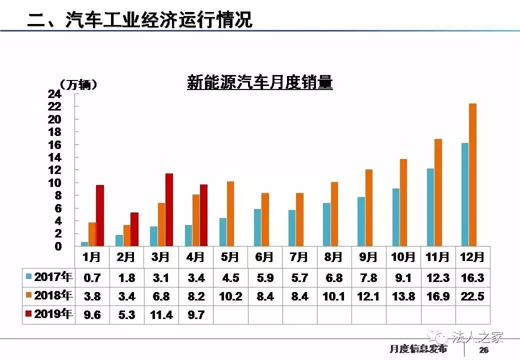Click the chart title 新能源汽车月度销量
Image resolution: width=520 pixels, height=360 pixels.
click(x=259, y=82)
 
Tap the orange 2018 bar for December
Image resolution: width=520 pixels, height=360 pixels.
click(x=472, y=174)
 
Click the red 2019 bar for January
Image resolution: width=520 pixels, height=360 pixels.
click(x=100, y=215)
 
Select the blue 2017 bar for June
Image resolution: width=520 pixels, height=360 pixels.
click(x=257, y=227)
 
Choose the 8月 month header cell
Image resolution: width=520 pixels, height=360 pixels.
click(x=333, y=257)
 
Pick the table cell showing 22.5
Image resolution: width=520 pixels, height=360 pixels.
click(x=472, y=296)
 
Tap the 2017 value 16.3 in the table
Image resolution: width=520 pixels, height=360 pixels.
click(x=472, y=277)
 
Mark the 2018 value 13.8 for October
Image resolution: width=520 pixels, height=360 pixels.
click(x=403, y=296)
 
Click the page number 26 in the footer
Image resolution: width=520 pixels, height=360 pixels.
click(x=483, y=349)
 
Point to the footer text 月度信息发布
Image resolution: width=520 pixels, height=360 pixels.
click(x=418, y=349)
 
